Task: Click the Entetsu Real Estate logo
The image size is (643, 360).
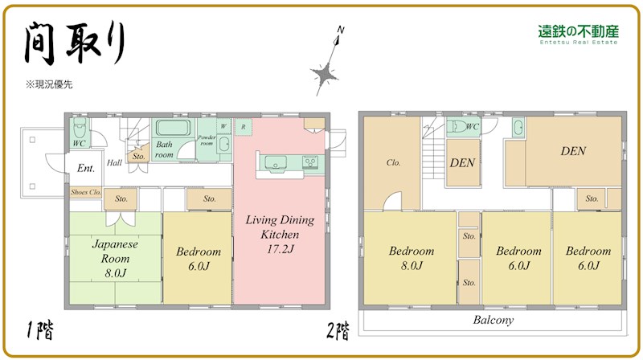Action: point(578,35)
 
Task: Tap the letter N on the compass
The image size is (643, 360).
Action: point(340,30)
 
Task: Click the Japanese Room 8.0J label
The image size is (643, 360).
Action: point(115,258)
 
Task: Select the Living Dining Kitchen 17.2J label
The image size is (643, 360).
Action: point(280,234)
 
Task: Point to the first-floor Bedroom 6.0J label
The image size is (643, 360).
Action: point(199,259)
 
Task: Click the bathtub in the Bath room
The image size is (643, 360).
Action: point(173,128)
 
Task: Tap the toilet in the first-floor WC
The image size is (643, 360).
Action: point(80,128)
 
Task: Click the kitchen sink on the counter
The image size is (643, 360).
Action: point(275,163)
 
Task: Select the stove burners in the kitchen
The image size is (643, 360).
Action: point(310,162)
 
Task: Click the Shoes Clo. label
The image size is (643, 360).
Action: point(86,192)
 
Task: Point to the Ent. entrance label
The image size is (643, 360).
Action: point(86,168)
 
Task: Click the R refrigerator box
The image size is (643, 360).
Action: point(244,127)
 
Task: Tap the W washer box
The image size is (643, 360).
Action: point(223,126)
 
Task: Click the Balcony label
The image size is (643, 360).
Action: point(493,321)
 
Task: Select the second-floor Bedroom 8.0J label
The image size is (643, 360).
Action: point(412,258)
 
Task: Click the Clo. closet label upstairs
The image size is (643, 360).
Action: point(393,163)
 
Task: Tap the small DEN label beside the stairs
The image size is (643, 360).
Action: point(462,163)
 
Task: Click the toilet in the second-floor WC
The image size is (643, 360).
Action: point(457,127)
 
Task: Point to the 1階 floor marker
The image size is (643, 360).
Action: point(39,330)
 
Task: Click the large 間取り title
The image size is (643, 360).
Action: point(75,43)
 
